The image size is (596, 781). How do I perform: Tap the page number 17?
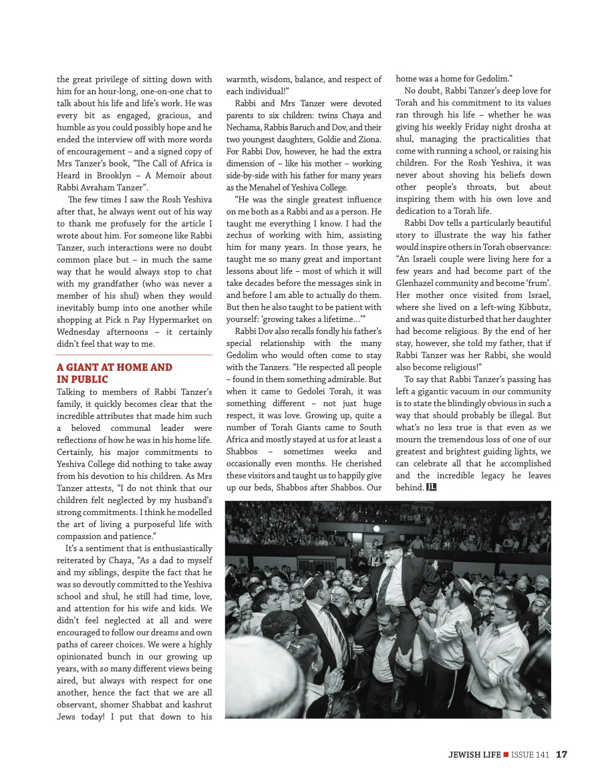(x=561, y=754)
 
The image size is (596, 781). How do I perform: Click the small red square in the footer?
(x=506, y=754)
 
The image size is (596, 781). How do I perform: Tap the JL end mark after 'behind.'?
(x=432, y=487)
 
